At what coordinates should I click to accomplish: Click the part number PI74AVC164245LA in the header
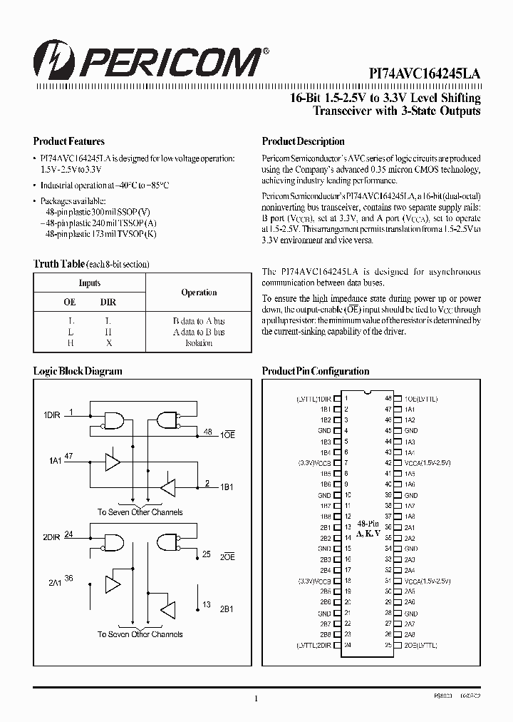424,73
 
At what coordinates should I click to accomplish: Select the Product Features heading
69,141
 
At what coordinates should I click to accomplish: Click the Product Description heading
303,141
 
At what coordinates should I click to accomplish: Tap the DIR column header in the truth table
108,302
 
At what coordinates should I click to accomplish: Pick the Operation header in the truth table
199,293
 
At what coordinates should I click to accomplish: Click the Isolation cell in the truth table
199,343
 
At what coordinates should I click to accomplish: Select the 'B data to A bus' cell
199,322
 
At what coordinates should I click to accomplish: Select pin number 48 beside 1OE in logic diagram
207,432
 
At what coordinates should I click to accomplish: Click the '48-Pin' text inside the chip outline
368,523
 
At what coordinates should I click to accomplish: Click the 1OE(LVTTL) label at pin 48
421,399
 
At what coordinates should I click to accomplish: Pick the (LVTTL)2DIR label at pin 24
313,645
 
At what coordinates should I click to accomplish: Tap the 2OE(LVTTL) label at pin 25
421,645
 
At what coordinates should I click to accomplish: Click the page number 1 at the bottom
256,699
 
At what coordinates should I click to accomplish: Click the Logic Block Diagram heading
78,371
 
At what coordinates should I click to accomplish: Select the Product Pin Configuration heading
316,371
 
